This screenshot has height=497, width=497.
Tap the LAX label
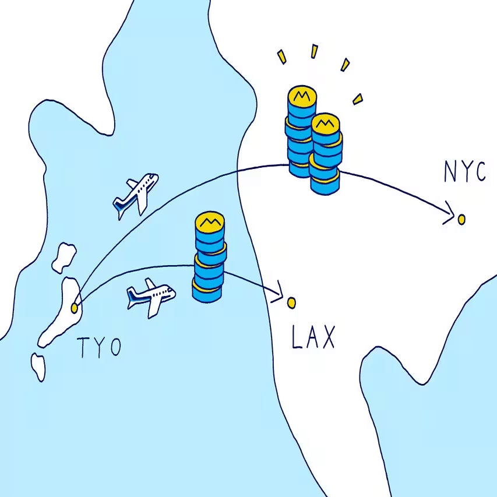click(x=313, y=338)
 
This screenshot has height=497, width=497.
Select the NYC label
click(x=464, y=172)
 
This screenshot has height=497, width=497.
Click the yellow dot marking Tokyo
click(x=75, y=307)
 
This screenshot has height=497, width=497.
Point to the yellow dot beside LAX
click(x=292, y=302)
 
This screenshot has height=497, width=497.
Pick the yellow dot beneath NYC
click(x=461, y=219)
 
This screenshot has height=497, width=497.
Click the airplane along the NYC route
click(x=135, y=194)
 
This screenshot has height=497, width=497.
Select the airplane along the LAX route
click(x=151, y=297)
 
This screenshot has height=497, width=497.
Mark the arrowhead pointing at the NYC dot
click(x=449, y=213)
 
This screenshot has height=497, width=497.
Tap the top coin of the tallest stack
click(x=301, y=96)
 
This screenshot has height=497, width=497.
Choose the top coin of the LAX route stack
click(x=210, y=221)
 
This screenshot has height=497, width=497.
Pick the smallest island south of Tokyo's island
click(x=38, y=366)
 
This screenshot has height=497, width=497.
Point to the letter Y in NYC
click(x=464, y=172)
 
